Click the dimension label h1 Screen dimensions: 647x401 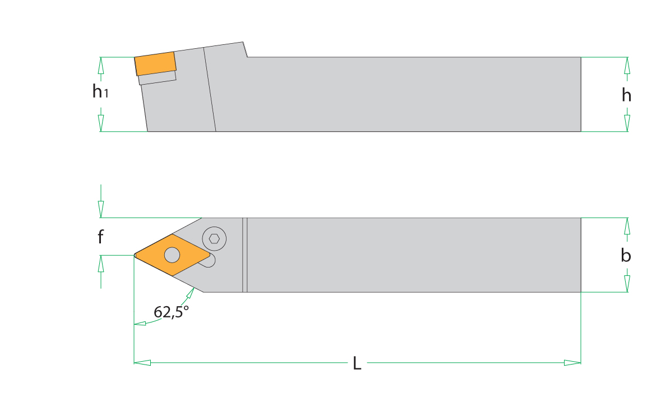coord(100,91)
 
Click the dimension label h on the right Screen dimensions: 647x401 coord(626,95)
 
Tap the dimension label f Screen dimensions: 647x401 coord(100,237)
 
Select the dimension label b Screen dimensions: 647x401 coord(626,255)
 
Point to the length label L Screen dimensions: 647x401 coord(357,363)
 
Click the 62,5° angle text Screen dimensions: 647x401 coord(171,312)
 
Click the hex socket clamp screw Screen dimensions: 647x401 coord(214,238)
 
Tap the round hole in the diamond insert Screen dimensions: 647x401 coord(172,255)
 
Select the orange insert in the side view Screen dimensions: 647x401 coord(155,63)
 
